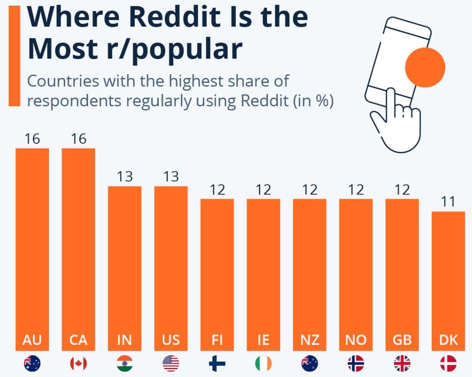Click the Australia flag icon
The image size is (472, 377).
(x=32, y=363)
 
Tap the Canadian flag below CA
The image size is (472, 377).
(x=78, y=363)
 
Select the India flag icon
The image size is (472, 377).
(x=124, y=363)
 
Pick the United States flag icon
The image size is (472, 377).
(x=171, y=363)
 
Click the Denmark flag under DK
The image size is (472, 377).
(x=448, y=363)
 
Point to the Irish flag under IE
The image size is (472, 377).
(x=263, y=363)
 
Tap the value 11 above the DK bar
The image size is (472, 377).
(x=448, y=203)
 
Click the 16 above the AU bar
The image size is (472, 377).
(x=32, y=139)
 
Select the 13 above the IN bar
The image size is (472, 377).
(x=124, y=177)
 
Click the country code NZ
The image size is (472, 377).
(x=309, y=340)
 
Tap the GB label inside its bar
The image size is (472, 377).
(x=402, y=340)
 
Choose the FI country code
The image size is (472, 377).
(x=217, y=340)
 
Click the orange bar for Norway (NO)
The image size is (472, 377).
(x=356, y=269)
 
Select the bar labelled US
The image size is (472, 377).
(x=171, y=260)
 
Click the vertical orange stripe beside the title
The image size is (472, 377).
(x=14, y=56)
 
